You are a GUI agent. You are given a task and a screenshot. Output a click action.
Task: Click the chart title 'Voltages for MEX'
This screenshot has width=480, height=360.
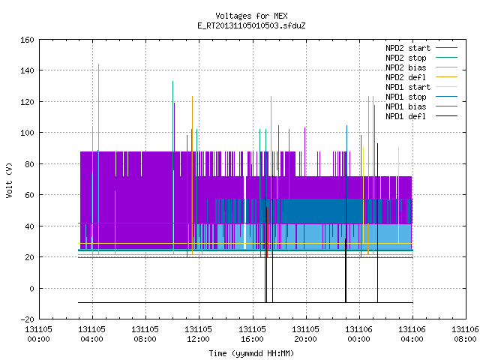(x=251, y=16)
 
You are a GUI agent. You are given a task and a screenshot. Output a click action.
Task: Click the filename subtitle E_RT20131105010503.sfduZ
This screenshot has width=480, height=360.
(x=251, y=25)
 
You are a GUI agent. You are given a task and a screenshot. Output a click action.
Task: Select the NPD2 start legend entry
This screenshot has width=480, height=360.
(x=421, y=48)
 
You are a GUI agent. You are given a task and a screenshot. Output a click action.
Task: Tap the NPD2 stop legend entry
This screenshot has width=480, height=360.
(x=421, y=58)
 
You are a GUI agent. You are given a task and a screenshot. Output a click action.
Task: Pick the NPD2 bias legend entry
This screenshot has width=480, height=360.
(x=421, y=67)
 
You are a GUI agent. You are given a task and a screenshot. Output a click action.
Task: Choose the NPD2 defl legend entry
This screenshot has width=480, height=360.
(x=421, y=77)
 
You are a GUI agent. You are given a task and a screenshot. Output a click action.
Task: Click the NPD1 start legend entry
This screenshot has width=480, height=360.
(x=421, y=87)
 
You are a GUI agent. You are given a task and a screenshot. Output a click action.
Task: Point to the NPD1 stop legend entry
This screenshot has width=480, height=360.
(x=421, y=97)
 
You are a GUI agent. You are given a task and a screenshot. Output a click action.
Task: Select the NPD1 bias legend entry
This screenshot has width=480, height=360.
(x=421, y=106)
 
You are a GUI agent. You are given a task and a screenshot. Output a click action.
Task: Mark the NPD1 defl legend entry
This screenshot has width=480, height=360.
(x=421, y=117)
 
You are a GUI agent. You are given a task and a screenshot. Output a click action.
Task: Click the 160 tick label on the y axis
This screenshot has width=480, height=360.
(x=27, y=40)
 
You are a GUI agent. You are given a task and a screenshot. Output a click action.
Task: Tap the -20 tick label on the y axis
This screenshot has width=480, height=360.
(x=27, y=319)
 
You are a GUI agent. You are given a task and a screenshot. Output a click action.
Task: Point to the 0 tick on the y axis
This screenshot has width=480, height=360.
(x=31, y=289)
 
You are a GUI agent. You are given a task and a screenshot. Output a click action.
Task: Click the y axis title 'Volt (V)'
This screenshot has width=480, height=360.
(x=9, y=180)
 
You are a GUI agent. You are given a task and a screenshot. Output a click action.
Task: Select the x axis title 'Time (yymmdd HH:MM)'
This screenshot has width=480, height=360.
(x=251, y=353)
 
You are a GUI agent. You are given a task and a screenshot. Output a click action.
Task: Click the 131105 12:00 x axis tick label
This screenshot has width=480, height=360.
(x=198, y=334)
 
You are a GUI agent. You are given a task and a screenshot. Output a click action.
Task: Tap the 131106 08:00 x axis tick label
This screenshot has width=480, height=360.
(x=465, y=334)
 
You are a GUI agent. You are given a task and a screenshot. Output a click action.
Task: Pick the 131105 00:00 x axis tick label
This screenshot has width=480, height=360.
(x=38, y=334)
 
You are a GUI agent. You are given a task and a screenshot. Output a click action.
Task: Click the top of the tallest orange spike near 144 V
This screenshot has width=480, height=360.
(x=98, y=64)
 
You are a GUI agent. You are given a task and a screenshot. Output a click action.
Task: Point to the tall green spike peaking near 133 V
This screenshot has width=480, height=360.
(x=173, y=82)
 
